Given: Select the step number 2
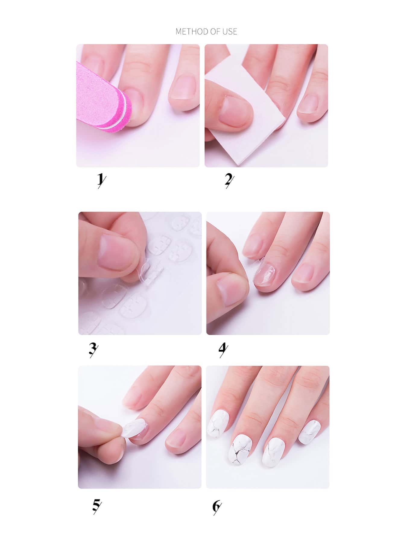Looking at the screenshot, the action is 229,181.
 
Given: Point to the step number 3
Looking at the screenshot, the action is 93,350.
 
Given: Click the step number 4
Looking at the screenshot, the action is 223,350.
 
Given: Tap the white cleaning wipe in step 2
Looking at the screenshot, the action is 244,112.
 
